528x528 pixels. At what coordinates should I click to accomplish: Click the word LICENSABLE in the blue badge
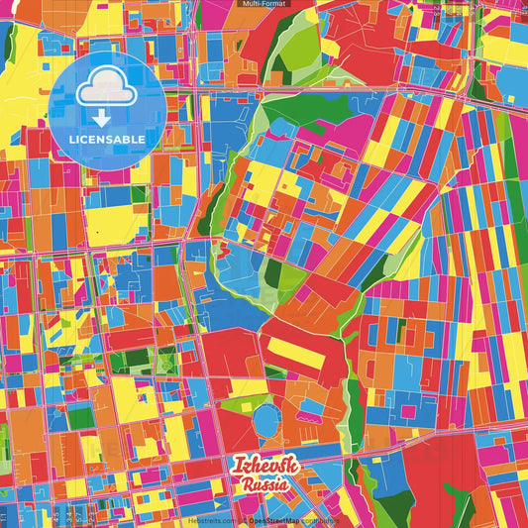point(106,140)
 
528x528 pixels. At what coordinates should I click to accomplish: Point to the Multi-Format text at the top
point(264,5)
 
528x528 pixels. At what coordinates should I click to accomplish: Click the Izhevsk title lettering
point(264,466)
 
